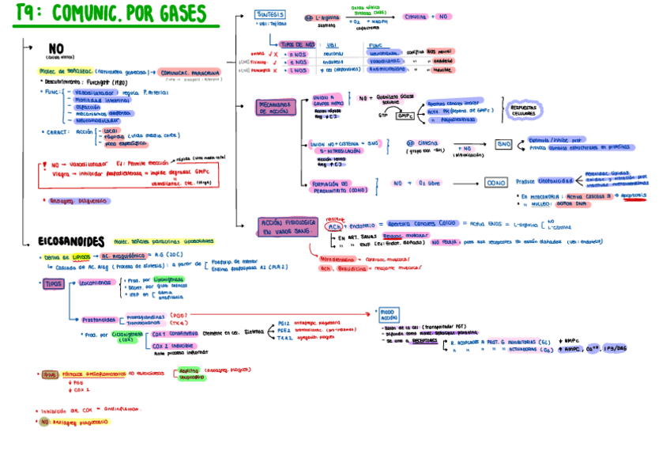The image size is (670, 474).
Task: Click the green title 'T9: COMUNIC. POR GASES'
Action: point(110,13)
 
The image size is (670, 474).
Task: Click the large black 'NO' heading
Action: point(56,49)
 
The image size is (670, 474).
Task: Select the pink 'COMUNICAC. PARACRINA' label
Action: point(190,71)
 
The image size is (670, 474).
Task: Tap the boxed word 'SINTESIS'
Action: point(270,14)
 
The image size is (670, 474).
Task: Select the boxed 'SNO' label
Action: point(503,144)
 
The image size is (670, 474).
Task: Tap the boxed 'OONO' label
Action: point(495,182)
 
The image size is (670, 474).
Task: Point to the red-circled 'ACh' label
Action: point(335,226)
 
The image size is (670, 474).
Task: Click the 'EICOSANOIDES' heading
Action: point(71,241)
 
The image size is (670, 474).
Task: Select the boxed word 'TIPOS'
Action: point(54,283)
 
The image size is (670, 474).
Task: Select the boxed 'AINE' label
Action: point(49,374)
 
